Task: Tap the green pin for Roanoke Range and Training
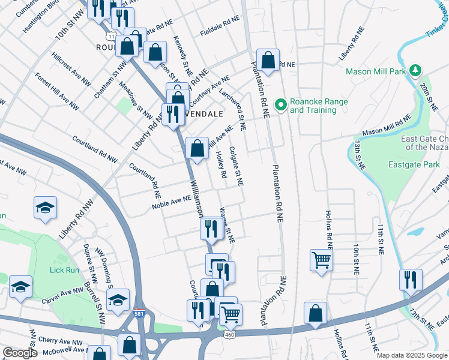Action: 280,105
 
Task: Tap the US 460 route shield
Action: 229,334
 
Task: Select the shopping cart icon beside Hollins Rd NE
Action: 322,260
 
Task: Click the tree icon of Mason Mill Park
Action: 415,71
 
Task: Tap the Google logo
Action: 20,353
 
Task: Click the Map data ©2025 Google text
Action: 411,355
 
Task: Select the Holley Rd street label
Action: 220,164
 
